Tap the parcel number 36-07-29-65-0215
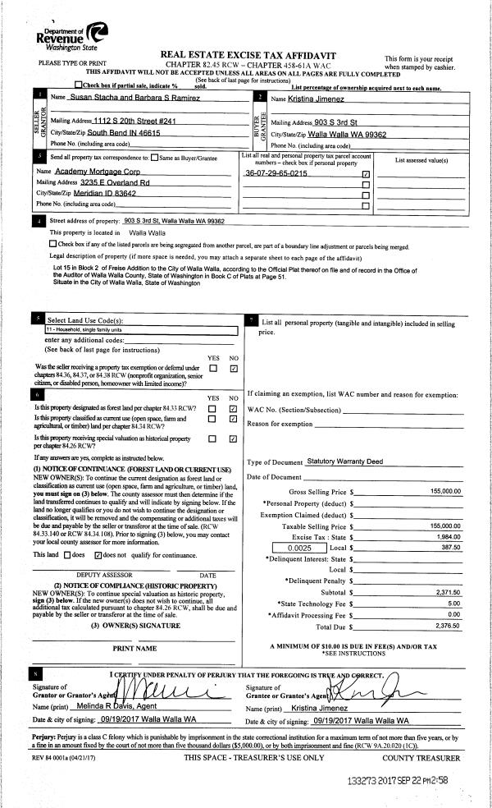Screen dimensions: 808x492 pos(276,174)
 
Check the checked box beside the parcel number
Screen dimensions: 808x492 pos(366,174)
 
